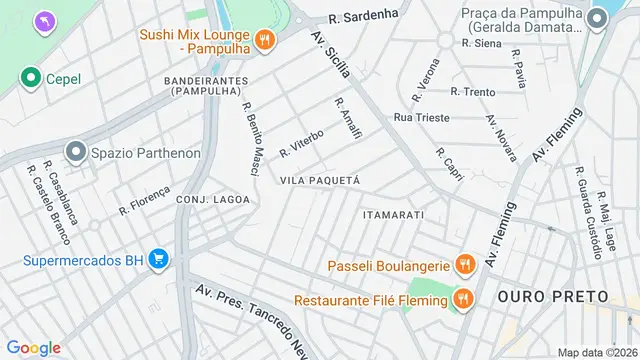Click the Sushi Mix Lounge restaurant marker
264,39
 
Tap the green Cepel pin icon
31,77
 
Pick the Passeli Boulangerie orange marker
463,265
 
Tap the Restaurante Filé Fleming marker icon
463,299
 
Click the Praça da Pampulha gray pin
598,18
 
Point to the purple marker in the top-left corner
45,20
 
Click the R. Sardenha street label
365,15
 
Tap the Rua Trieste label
422,117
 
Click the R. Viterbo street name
302,142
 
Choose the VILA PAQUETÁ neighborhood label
320,180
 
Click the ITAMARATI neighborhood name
394,215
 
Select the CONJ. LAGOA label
212,199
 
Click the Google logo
33,347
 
